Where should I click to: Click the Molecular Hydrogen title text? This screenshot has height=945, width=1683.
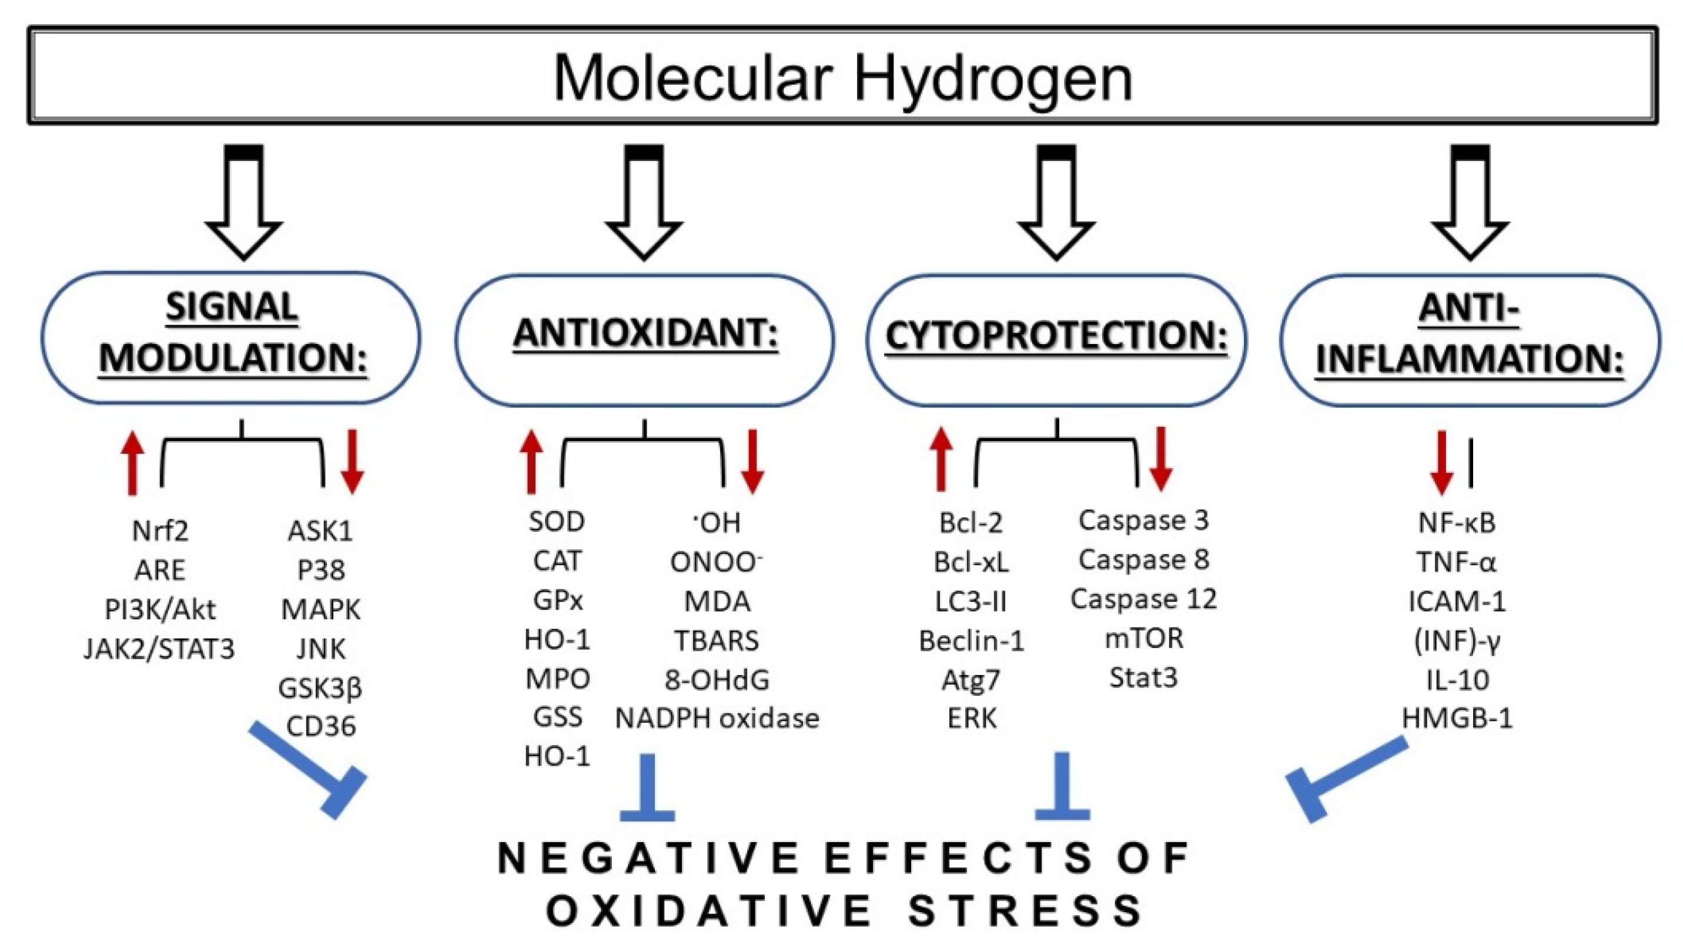(x=842, y=77)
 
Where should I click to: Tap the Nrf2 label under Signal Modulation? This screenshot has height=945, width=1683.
(x=160, y=530)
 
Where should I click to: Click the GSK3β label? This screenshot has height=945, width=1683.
(x=320, y=688)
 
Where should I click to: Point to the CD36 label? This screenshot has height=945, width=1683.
(x=321, y=726)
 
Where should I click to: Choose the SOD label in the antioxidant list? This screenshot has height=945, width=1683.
(x=557, y=522)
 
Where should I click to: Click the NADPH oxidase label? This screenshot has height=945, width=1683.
(x=717, y=718)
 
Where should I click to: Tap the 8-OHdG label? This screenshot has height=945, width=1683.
(x=717, y=680)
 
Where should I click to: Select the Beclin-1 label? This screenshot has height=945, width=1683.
(x=971, y=641)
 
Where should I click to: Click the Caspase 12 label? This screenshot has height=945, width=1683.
(x=1143, y=599)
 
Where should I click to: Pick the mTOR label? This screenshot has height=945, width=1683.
(x=1143, y=639)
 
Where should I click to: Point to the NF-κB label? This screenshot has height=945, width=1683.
(x=1456, y=523)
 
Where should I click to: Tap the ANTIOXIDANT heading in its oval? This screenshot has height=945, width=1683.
(x=645, y=333)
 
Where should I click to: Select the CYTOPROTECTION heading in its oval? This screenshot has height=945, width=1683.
(x=1056, y=335)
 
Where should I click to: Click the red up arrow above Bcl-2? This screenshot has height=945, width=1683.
(x=941, y=459)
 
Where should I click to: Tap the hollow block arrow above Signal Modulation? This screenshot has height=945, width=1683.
(x=244, y=203)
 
